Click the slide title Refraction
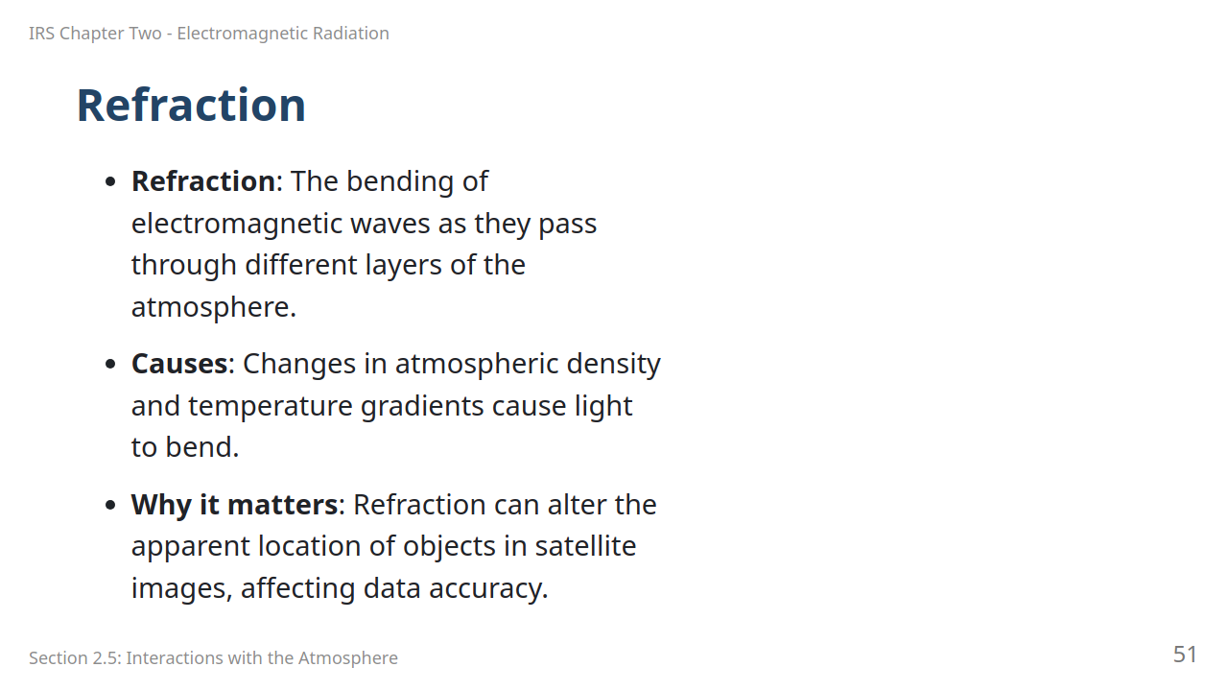[191, 105]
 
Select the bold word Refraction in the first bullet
[202, 181]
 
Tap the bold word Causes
[179, 364]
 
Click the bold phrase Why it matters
[235, 505]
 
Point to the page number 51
[1185, 655]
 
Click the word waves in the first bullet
[390, 224]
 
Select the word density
[613, 365]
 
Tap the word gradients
[422, 407]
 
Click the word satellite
[585, 546]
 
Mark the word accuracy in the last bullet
[488, 589]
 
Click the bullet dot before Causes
[110, 364]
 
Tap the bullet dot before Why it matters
[110, 505]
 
